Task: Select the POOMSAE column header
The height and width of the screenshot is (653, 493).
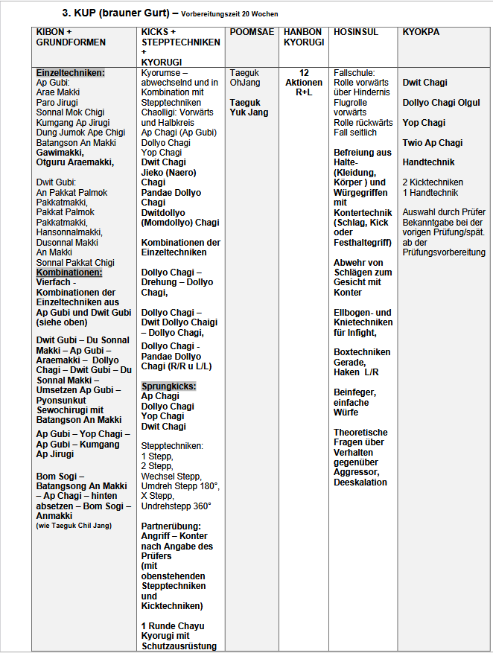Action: coord(252,32)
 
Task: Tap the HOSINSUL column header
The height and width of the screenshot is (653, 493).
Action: coord(356,32)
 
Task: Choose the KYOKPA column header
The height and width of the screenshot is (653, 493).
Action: coord(421,32)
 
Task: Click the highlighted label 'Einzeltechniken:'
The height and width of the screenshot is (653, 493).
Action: coord(71,72)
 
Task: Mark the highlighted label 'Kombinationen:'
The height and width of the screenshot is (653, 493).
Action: coord(69,273)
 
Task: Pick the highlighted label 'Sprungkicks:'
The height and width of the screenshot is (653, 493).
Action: coord(168,386)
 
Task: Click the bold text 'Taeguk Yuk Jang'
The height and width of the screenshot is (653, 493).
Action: coord(249,107)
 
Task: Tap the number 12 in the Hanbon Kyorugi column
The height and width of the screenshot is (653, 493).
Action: coord(304,72)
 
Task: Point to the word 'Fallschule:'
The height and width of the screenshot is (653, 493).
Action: coord(354,72)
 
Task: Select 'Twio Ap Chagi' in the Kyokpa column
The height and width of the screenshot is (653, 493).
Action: coord(432,142)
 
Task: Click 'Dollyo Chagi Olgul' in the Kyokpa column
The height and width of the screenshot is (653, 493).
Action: coord(441,103)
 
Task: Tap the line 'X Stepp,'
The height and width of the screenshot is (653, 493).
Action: coord(157,496)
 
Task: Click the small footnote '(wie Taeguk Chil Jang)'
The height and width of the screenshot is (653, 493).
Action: coord(73,526)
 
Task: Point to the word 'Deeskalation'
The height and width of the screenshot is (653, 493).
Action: coord(360,482)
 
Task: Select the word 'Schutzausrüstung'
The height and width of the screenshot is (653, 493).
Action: coord(179,646)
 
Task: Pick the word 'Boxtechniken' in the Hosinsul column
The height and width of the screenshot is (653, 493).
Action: coord(362,352)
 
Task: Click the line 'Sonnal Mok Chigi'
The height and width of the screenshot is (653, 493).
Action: coord(70,112)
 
